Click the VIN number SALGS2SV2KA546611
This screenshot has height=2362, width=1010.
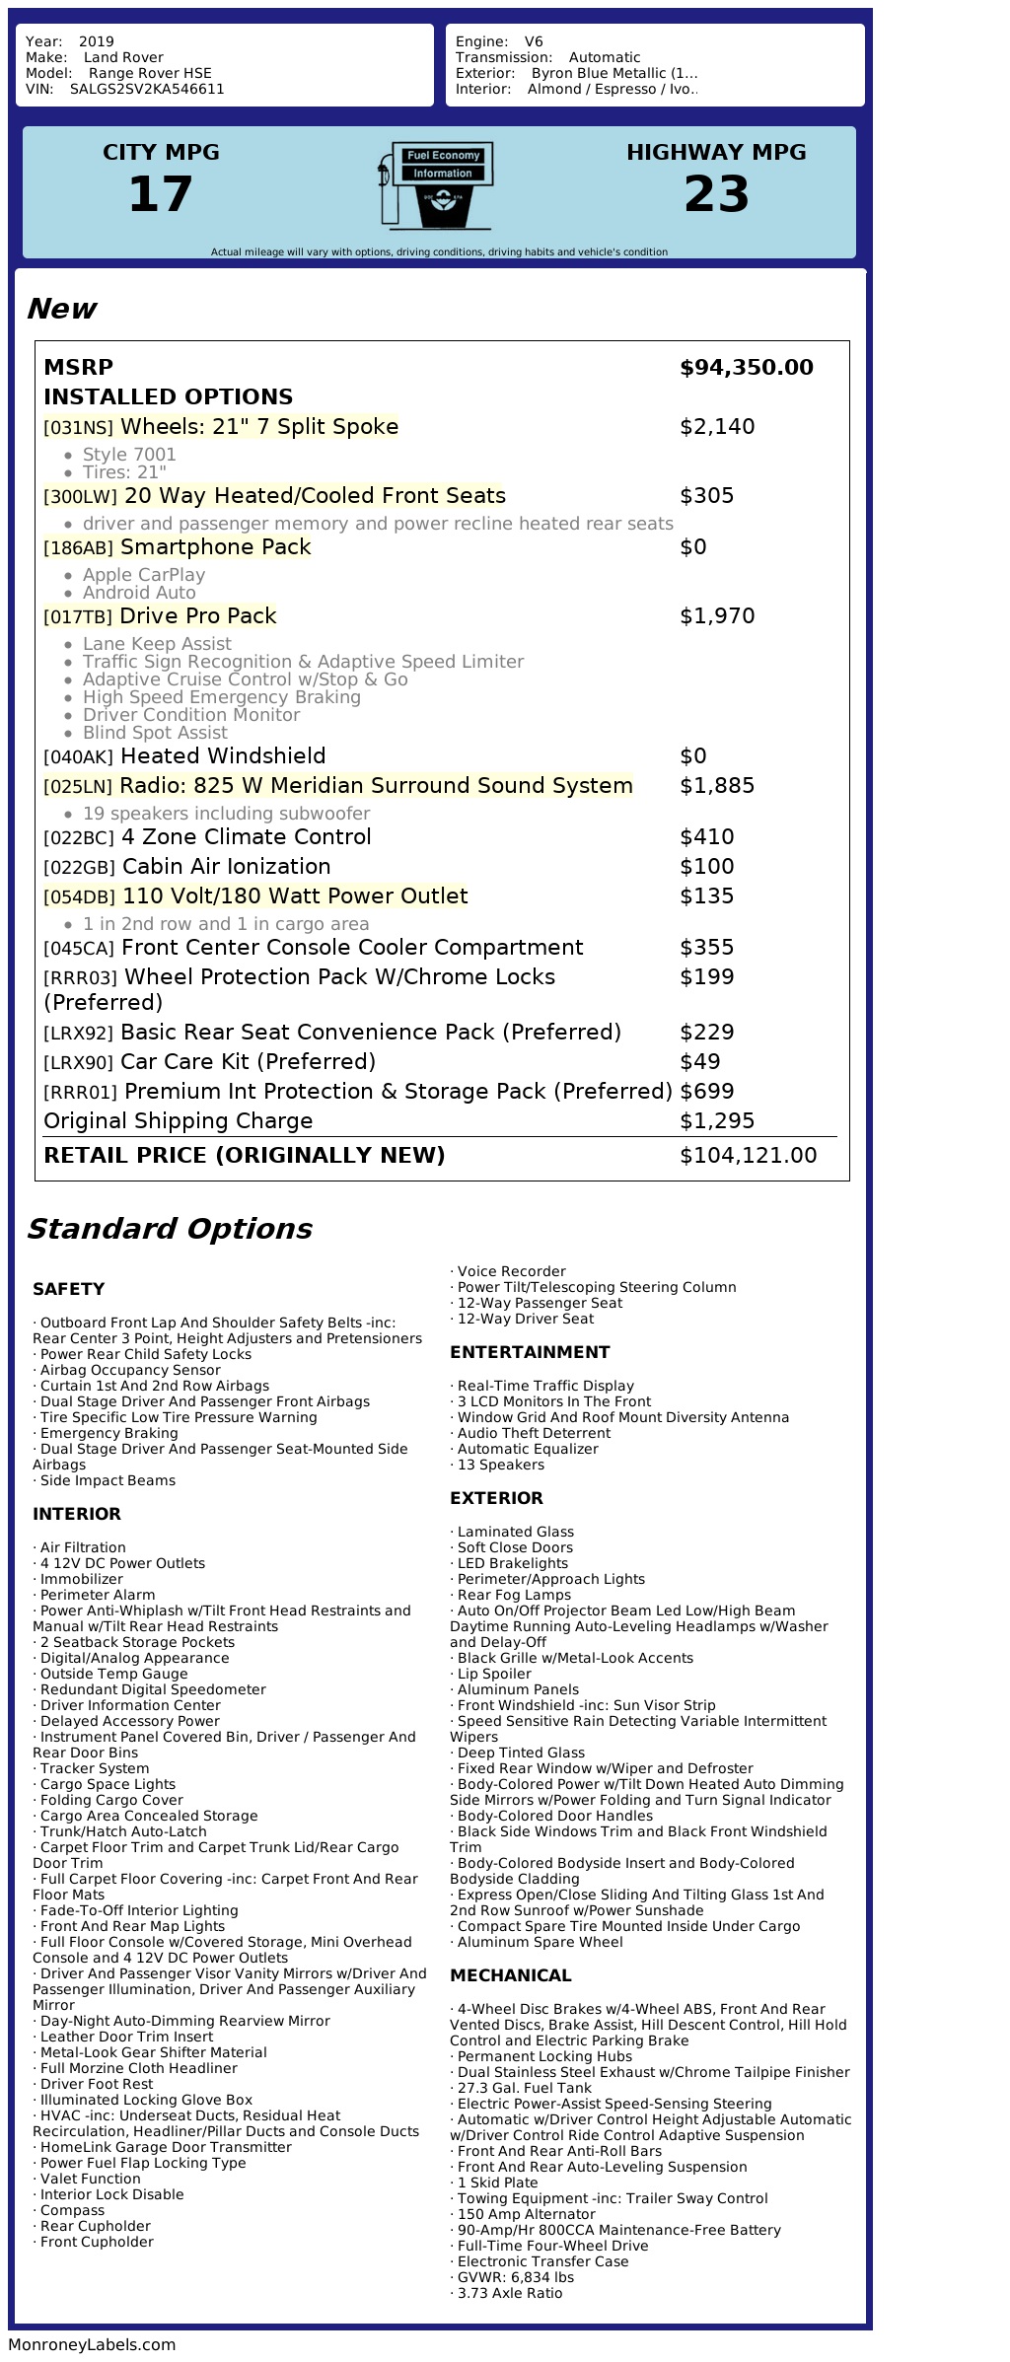click(x=147, y=89)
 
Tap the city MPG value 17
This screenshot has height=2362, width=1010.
click(x=161, y=194)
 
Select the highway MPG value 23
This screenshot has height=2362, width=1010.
click(x=716, y=194)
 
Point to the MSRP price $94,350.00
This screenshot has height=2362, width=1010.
click(x=746, y=368)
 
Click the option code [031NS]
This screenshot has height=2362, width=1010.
click(x=79, y=428)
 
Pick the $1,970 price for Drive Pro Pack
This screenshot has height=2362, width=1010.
click(x=717, y=616)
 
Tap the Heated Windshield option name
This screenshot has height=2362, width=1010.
click(x=223, y=756)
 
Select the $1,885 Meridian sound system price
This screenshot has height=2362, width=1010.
click(x=717, y=786)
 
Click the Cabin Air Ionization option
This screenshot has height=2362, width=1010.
click(x=226, y=867)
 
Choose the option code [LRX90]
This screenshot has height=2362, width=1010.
click(x=79, y=1063)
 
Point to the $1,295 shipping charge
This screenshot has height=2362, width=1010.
click(x=717, y=1121)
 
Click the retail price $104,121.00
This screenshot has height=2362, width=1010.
click(x=748, y=1156)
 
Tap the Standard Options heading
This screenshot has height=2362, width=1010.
click(x=170, y=1229)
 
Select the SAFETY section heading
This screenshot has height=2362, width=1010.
click(x=68, y=1289)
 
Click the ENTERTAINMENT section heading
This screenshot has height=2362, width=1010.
click(x=530, y=1352)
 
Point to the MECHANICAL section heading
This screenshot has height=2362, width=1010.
click(x=510, y=1975)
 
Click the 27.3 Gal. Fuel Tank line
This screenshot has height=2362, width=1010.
click(x=524, y=2088)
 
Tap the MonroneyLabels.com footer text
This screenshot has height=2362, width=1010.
click(x=92, y=2345)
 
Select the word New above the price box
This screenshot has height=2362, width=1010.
click(x=61, y=309)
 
